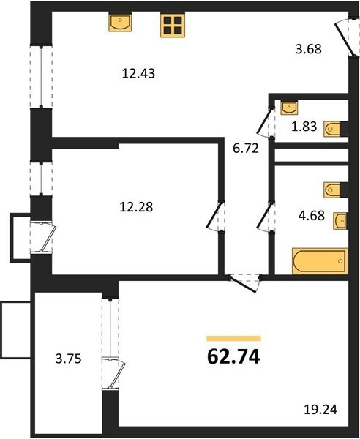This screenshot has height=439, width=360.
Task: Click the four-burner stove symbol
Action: coord(173,25)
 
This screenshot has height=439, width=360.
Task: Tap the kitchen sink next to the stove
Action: coord(120,22)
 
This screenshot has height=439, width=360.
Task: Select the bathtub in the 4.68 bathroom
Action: coord(320,260)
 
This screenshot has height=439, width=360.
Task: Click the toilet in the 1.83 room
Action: coord(336,129)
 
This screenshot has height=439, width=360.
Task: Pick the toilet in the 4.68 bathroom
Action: coord(336,190)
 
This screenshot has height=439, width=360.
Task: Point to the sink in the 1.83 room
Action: coord(289,108)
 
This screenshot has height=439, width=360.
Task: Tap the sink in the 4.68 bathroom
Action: coord(340,221)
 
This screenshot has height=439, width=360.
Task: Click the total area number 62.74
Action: coord(233,357)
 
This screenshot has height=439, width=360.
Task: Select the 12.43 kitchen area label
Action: coord(138,74)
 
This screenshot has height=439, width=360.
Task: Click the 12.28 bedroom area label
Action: coord(136,207)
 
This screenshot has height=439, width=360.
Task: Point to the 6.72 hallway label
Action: coord(246,149)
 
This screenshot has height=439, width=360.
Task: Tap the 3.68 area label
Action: coord(309,49)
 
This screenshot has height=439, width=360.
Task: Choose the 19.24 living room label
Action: coord(320,410)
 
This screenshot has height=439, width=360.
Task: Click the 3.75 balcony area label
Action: coord(69,359)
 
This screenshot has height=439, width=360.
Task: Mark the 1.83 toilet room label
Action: coord(304,127)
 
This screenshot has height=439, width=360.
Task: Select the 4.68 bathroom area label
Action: coord(312,216)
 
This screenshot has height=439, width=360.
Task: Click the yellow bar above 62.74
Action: coord(233,339)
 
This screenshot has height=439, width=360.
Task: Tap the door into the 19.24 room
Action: coord(244,283)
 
